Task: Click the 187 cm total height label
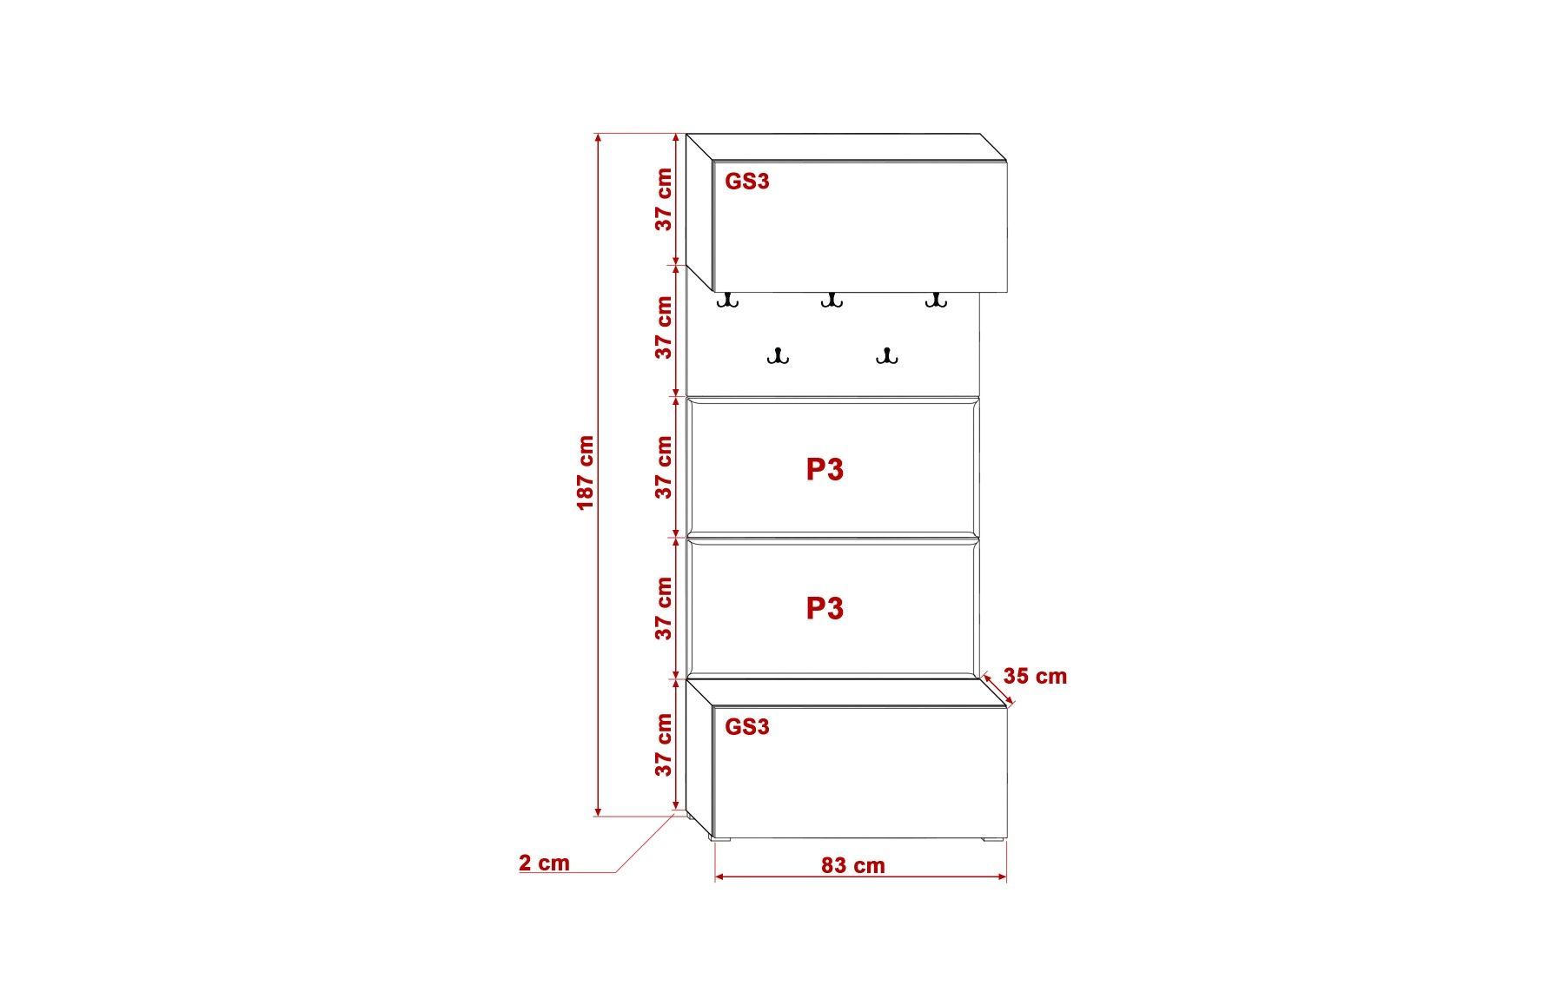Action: point(586,473)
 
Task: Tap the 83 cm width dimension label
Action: point(852,865)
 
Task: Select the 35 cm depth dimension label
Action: point(1035,676)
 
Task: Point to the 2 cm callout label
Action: point(545,863)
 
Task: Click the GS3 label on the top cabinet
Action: point(747,182)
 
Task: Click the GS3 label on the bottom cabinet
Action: point(747,726)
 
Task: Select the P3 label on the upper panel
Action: point(825,469)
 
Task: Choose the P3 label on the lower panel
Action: point(825,608)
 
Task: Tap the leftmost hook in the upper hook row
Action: point(727,300)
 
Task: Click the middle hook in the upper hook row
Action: point(832,300)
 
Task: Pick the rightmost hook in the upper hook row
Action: point(935,300)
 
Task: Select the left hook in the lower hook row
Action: point(778,355)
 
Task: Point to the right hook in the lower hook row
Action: point(886,355)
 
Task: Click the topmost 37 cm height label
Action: point(664,199)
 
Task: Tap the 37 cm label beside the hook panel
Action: point(664,327)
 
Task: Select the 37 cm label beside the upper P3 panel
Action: point(664,467)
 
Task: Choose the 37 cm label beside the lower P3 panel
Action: point(664,608)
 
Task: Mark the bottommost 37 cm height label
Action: point(664,744)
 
